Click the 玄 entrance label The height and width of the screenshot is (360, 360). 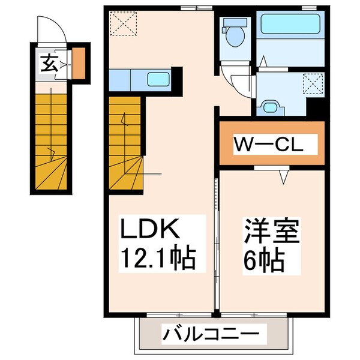pyautogui.click(x=49, y=62)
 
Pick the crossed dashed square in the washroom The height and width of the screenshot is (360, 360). pyautogui.click(x=313, y=82)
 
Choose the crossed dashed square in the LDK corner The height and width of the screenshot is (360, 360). pyautogui.click(x=124, y=23)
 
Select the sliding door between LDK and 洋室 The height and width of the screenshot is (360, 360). pyautogui.click(x=215, y=240)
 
